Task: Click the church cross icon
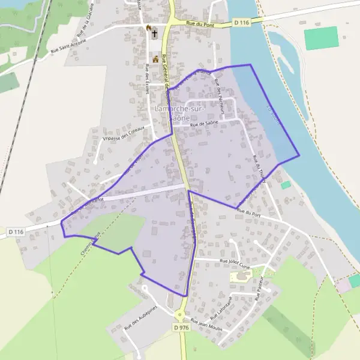tap(154, 34)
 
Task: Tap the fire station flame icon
tap(148, 28)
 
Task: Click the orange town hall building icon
tap(156, 59)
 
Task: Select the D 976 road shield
tap(181, 328)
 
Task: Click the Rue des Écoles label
tap(146, 78)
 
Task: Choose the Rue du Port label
tap(248, 211)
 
